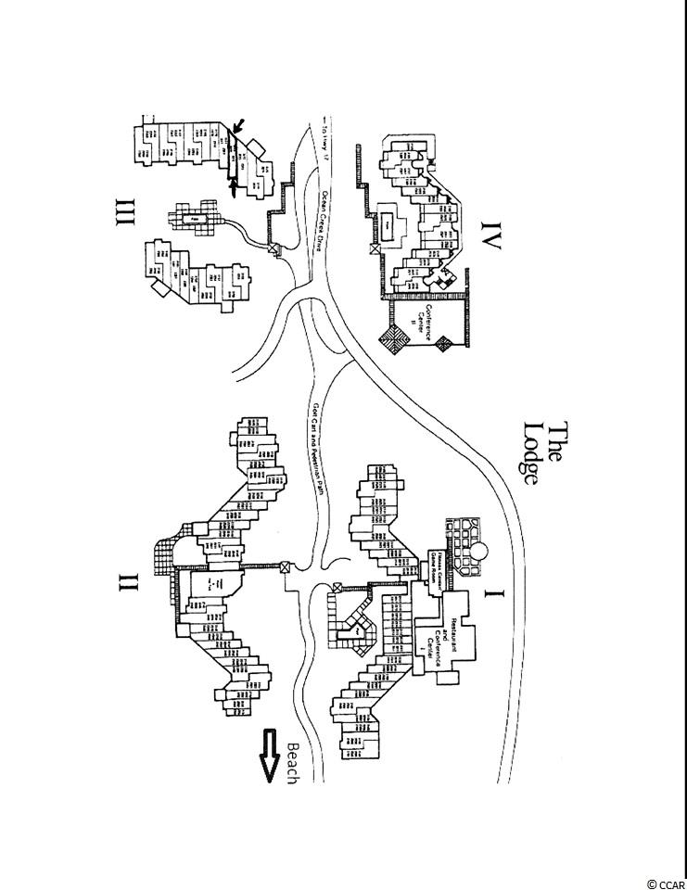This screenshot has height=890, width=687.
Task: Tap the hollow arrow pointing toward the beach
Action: click(270, 756)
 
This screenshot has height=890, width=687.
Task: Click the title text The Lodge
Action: click(544, 453)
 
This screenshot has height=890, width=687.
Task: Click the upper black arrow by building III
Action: click(239, 126)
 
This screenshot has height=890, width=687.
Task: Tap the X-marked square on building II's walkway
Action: click(285, 568)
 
